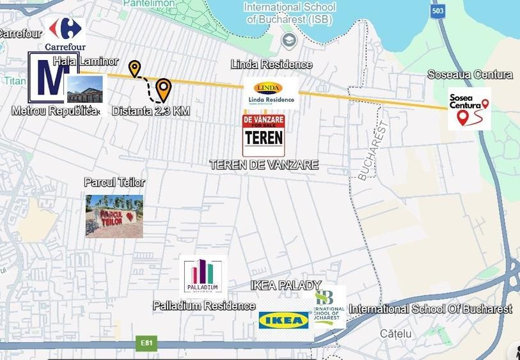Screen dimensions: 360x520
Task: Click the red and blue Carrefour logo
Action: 65,29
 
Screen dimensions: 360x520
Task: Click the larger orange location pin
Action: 164,90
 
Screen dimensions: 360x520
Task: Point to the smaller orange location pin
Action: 134,68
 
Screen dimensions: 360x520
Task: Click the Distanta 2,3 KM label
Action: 151,111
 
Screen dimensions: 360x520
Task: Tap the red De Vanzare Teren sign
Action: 264,135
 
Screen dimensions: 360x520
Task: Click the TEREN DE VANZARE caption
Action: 264,165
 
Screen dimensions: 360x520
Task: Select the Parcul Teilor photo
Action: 114,216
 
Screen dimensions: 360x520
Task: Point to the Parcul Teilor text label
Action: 114,182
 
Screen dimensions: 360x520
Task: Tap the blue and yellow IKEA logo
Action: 284,320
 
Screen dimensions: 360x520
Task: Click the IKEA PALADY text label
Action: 286,285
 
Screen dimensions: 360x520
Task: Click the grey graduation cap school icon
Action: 289,40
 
